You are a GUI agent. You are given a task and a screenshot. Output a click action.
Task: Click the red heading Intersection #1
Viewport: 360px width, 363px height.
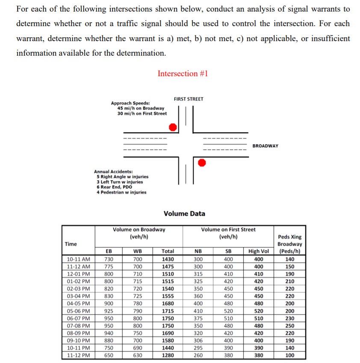pos(183,74)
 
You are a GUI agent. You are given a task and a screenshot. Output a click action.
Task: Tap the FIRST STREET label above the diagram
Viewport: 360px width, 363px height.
pos(189,99)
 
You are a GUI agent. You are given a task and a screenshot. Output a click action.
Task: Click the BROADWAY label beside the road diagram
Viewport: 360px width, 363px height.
pos(265,146)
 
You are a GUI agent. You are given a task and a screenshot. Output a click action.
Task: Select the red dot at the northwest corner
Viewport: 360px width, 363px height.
pos(173,127)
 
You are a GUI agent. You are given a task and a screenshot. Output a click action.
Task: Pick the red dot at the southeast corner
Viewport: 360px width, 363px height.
pos(202,162)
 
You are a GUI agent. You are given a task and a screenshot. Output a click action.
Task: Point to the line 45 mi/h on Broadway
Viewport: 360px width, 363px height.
pos(141,108)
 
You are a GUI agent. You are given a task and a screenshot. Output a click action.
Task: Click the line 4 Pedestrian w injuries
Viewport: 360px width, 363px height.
pos(121,192)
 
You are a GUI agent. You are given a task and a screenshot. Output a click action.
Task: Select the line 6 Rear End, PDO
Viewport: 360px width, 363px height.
pos(114,187)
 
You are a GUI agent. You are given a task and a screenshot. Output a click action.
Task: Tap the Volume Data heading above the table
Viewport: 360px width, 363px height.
pos(184,214)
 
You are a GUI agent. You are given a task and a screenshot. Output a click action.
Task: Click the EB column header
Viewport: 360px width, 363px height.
pos(109,251)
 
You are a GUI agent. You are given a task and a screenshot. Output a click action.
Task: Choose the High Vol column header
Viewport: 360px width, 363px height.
pos(258,251)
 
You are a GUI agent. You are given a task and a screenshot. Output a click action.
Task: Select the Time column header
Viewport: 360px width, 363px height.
pos(71,244)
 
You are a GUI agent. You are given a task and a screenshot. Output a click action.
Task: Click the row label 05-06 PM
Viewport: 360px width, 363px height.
pos(79,311)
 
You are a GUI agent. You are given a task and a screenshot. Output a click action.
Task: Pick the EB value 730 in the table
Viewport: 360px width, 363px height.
pos(109,259)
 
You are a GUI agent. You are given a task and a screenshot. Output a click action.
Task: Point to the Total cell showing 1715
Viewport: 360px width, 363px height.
pos(168,311)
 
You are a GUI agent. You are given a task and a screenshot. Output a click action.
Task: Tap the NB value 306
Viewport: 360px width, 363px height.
pos(198,341)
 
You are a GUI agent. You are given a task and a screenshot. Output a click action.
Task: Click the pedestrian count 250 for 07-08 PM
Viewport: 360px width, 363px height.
pos(290,326)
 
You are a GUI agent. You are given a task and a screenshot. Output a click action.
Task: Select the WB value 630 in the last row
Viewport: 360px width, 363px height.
pos(138,355)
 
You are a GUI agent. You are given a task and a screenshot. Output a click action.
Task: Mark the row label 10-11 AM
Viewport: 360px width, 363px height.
pos(79,259)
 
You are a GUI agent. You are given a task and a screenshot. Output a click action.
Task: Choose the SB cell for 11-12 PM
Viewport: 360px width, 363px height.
pos(229,355)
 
